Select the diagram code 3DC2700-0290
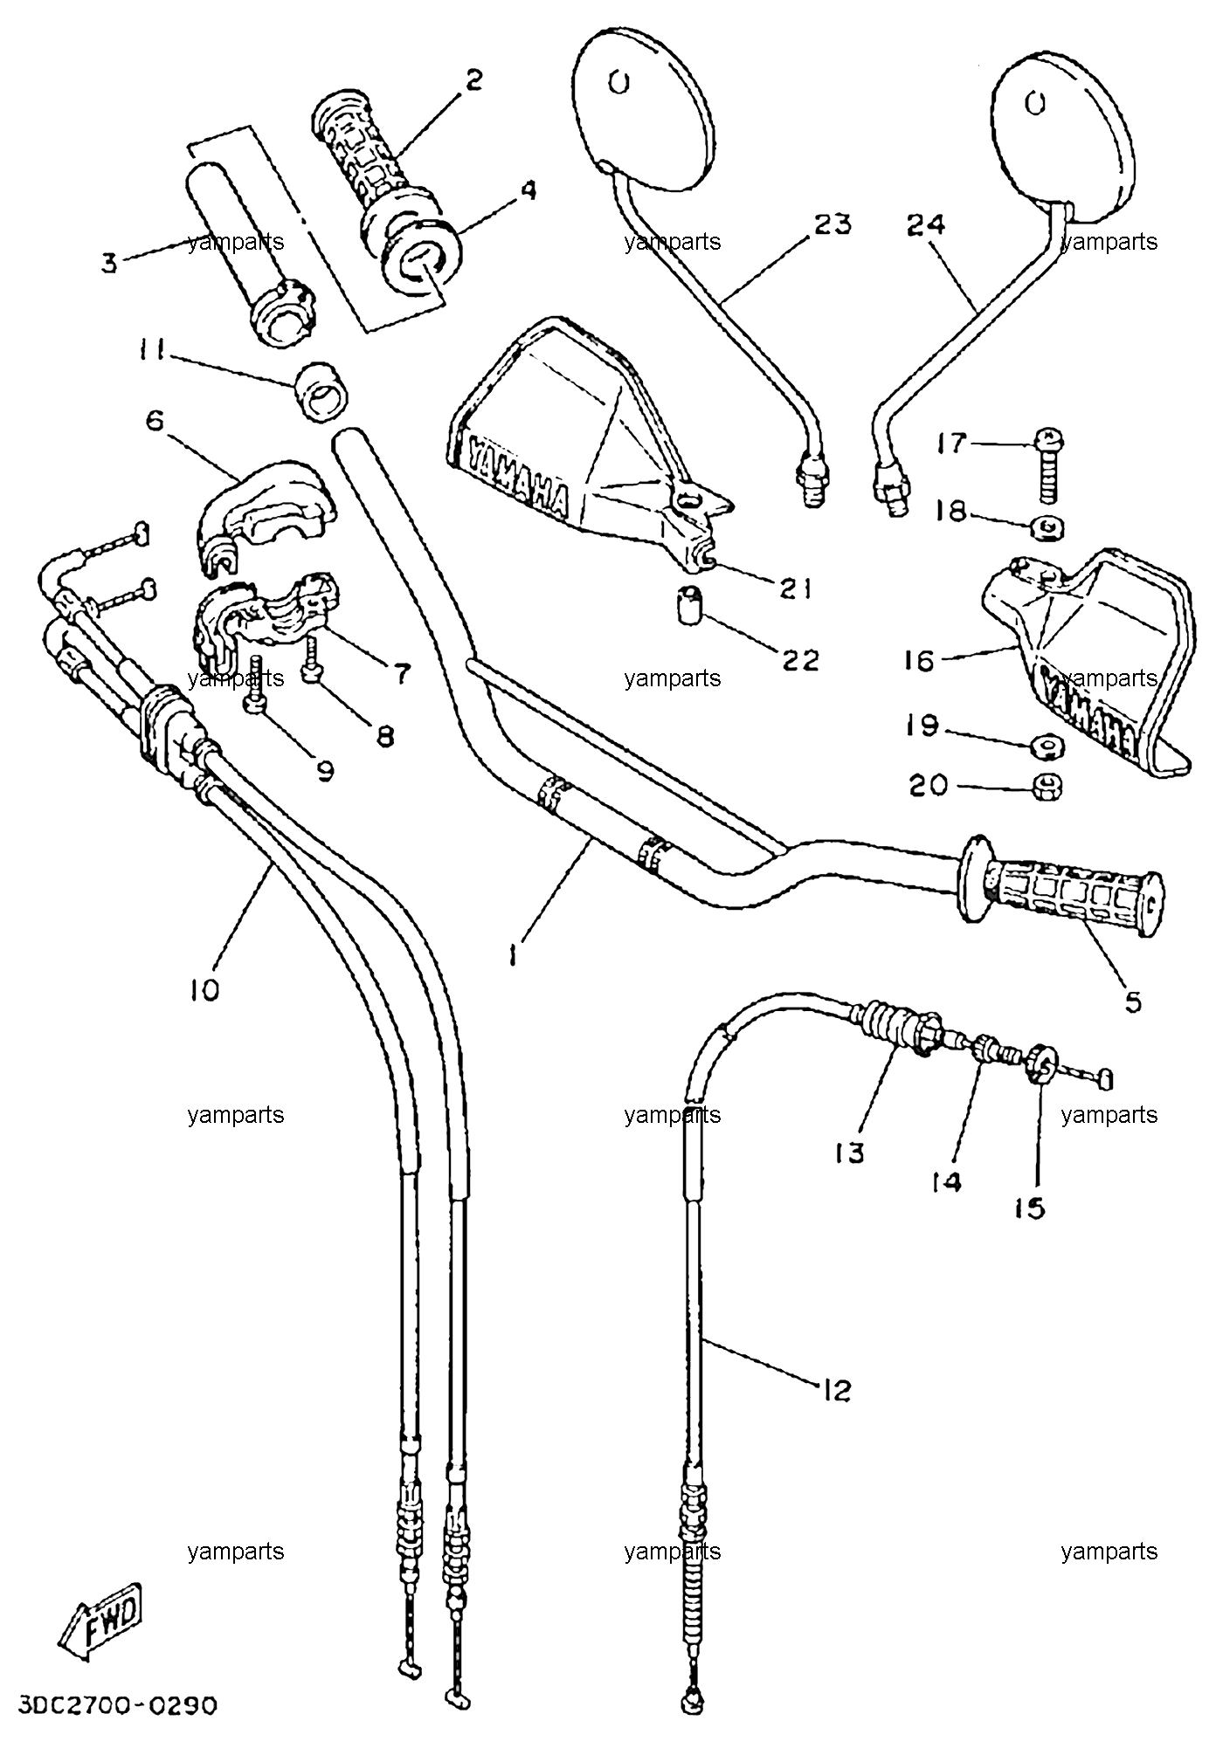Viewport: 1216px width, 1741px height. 116,1704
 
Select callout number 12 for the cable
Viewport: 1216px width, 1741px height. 835,1388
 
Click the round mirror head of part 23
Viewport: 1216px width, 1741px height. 644,107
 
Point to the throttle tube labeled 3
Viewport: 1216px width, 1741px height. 250,251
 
